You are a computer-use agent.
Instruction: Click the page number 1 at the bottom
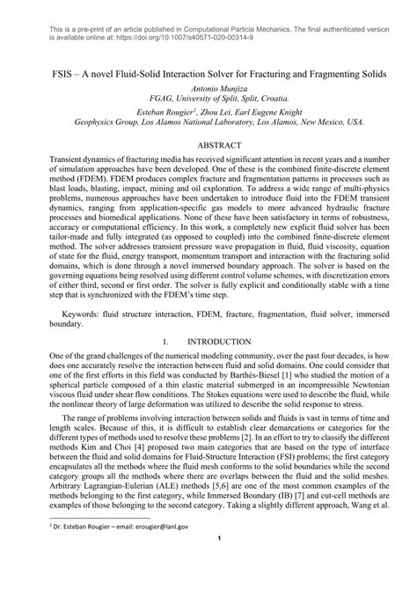pyautogui.click(x=208, y=565)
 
